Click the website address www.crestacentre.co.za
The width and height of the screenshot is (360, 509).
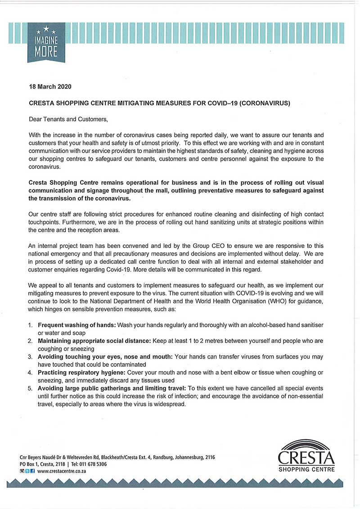62,471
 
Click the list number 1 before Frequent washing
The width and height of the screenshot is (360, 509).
30,325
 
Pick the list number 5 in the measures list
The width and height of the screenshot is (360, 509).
30,388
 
